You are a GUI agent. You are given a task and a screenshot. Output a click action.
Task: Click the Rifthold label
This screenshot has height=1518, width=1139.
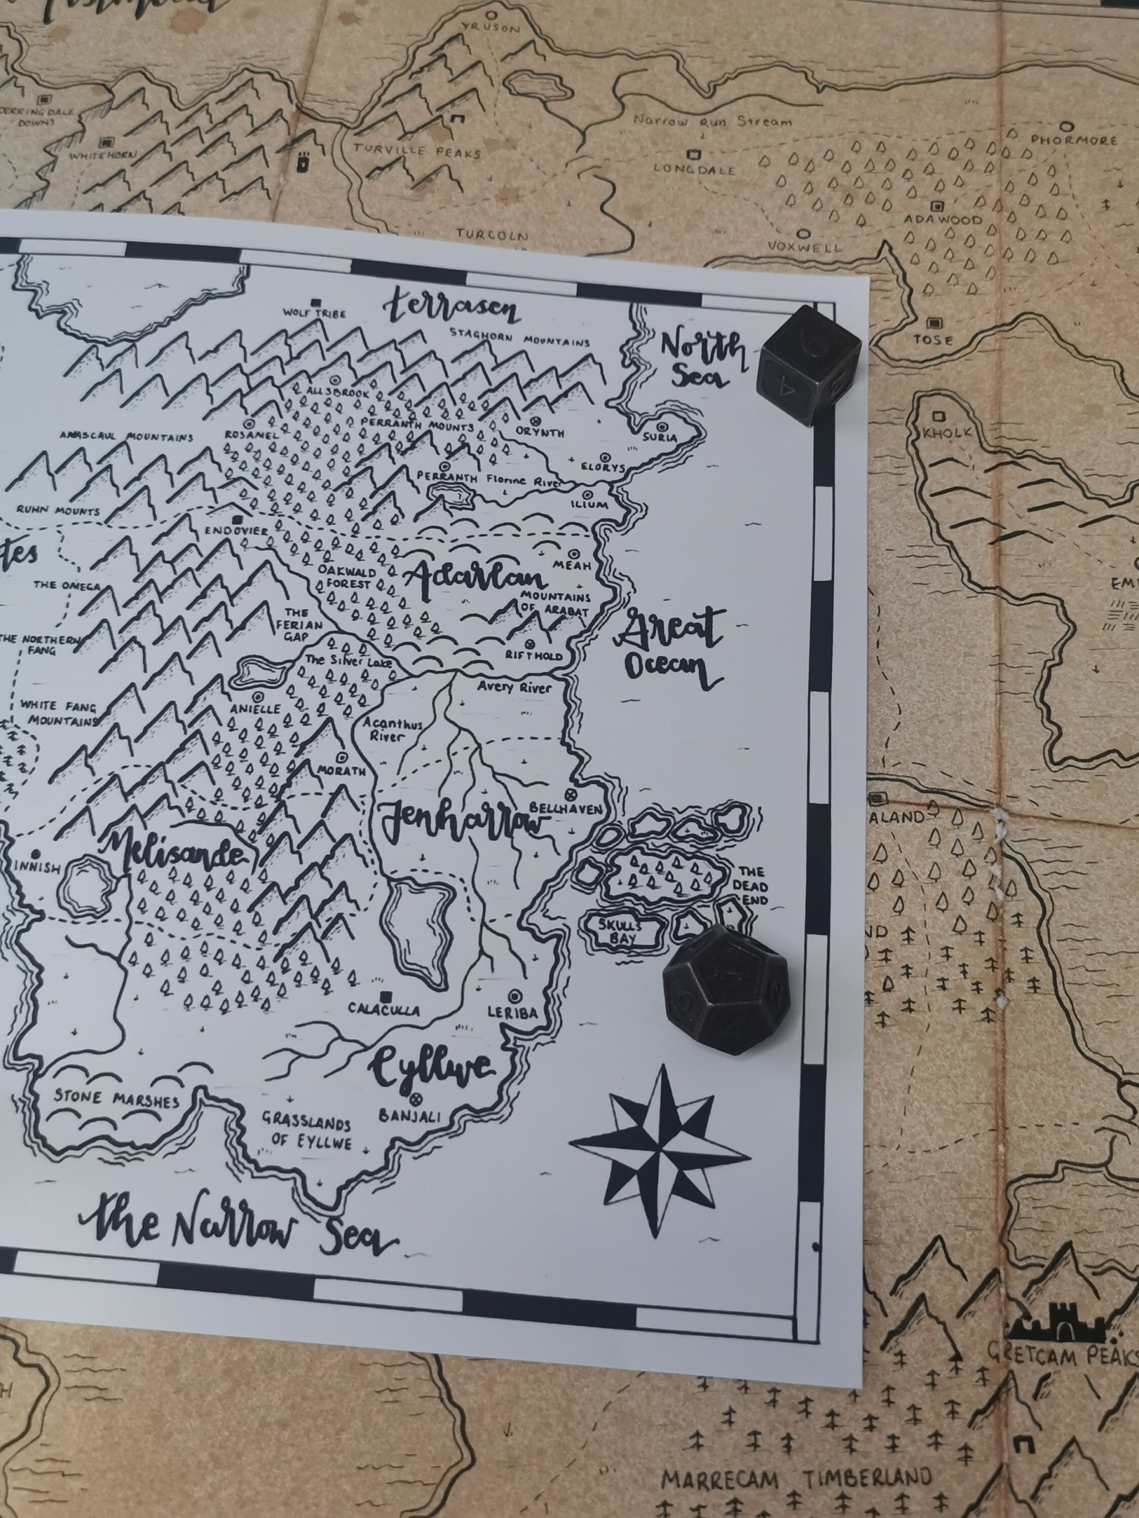[x=534, y=656]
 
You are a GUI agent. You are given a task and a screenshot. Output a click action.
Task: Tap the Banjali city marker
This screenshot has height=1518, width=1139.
[x=414, y=1097]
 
